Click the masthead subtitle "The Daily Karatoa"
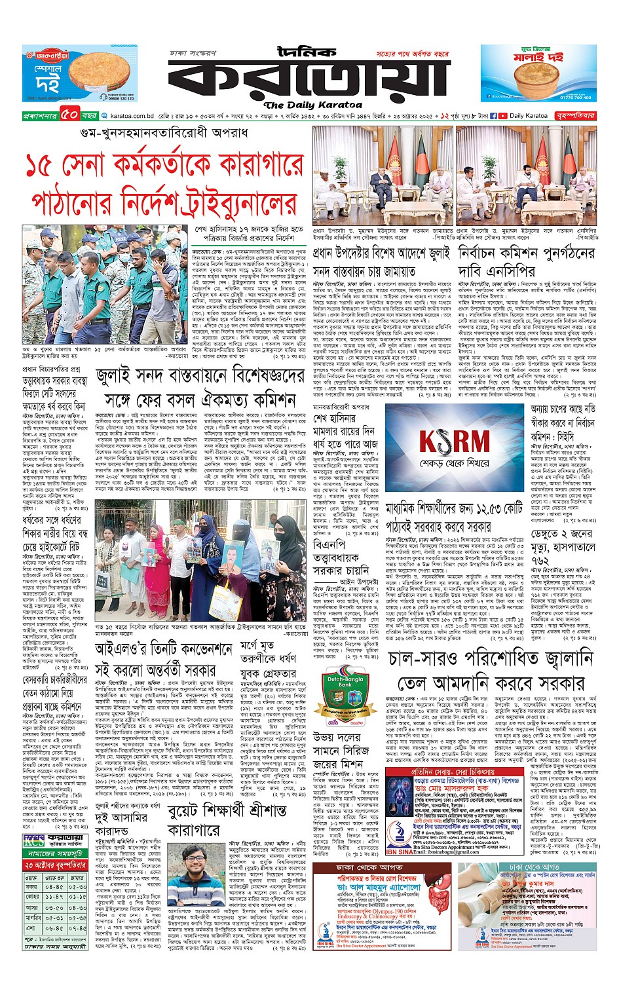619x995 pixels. coord(312,105)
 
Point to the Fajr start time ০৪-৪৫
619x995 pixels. coord(54,886)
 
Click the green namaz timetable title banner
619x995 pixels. coord(54,854)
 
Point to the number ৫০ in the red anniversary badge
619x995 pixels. coord(70,116)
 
